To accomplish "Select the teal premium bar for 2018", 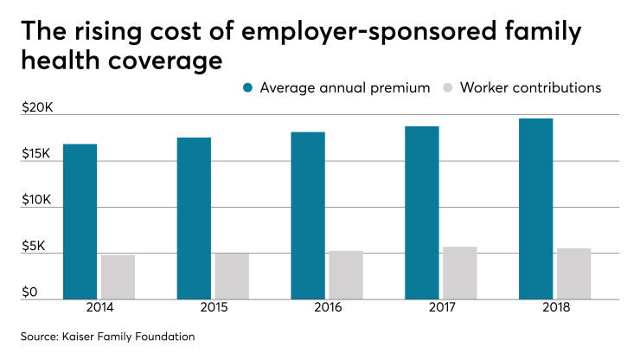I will (535, 209).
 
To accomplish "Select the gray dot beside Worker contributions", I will (448, 88).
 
